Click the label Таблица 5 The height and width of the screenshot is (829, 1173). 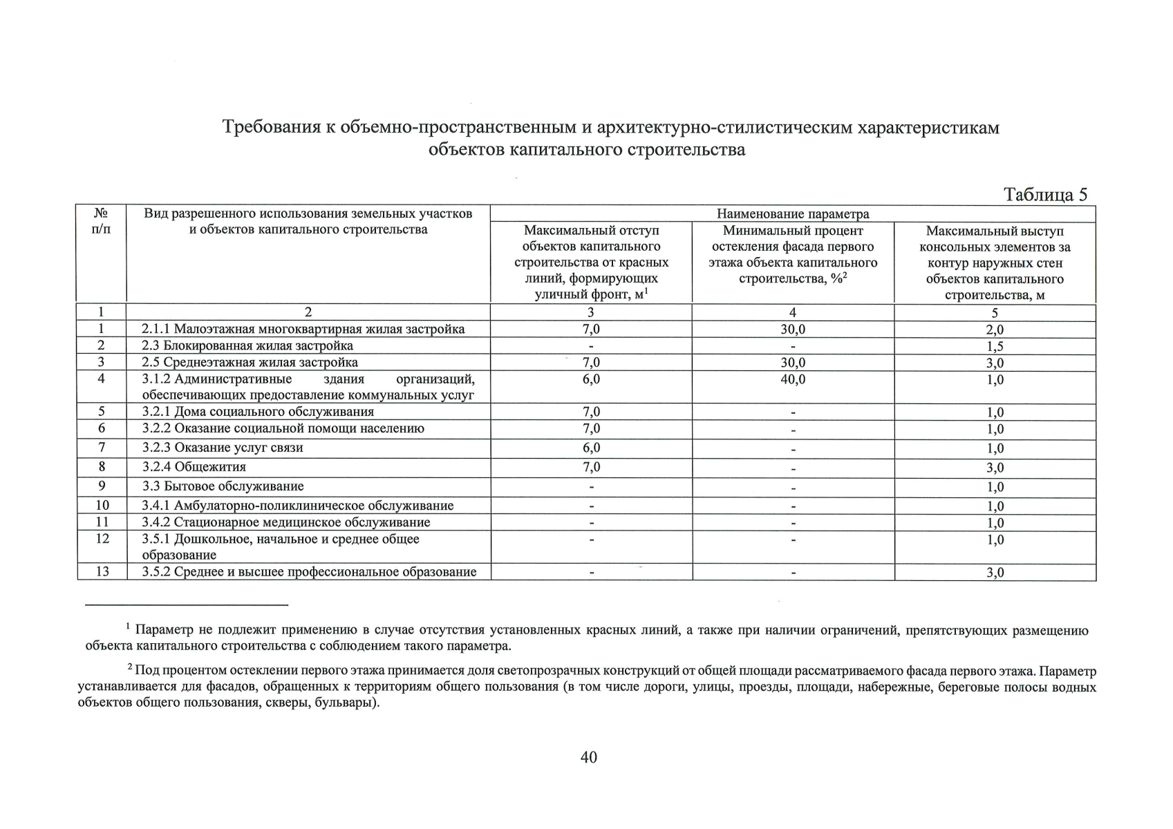[1045, 195]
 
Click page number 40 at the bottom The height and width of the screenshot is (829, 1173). [588, 757]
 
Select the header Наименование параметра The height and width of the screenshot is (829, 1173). [792, 214]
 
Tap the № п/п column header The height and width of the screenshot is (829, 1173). [101, 221]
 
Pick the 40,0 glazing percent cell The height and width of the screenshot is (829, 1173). [792, 379]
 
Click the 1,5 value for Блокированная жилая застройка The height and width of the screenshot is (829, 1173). [995, 346]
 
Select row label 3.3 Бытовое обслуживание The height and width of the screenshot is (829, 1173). [223, 486]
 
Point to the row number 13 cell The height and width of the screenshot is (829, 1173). [102, 572]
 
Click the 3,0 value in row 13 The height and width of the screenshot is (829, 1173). [995, 573]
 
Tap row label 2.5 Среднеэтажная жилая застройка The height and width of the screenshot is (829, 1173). [250, 363]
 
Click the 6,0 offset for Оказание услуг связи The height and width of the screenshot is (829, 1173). [591, 448]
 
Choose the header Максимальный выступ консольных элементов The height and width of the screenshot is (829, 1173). [995, 263]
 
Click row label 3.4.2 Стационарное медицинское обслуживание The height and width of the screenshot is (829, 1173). [286, 522]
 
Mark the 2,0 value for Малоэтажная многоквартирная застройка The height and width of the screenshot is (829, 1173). [995, 330]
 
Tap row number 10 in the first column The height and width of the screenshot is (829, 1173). [102, 506]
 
